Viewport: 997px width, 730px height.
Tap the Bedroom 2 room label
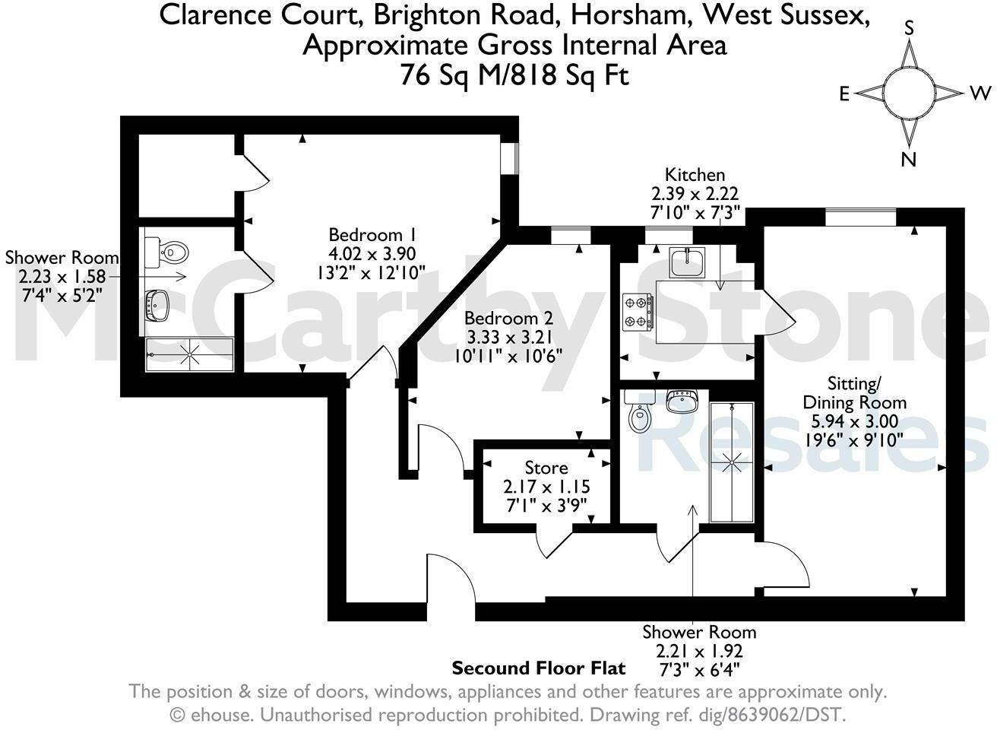pos(509,318)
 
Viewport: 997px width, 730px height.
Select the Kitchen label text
pos(695,175)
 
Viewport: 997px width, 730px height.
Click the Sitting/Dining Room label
pos(855,392)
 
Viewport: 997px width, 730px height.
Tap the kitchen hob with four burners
pos(638,312)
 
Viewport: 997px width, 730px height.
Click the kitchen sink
pos(688,262)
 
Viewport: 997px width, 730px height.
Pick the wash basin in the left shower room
pos(157,305)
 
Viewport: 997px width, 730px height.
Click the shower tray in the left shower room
pos(189,354)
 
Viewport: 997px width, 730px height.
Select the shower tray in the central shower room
pos(732,462)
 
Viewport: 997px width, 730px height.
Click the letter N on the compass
pos(907,160)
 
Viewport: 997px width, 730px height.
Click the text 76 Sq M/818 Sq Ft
pos(514,75)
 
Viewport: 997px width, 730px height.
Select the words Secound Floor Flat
pos(539,668)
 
